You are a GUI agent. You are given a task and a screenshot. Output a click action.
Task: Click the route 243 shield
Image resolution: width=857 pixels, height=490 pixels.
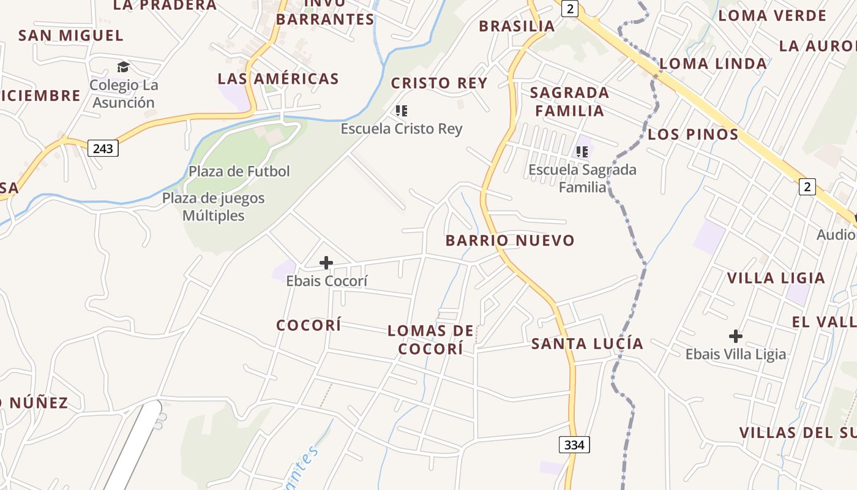point(103,148)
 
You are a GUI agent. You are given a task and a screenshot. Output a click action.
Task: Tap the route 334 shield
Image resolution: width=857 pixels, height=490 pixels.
point(574,445)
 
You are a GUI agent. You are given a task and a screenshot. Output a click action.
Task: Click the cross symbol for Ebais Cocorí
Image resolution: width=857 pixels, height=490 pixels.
point(326,263)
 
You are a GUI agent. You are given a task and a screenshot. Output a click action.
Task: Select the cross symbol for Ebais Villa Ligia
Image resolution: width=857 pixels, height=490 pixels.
point(736,336)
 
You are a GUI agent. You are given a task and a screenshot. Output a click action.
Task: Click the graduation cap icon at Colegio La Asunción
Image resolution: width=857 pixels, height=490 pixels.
point(124,67)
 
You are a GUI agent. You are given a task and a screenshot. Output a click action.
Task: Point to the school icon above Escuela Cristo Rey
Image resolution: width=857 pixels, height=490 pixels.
point(402,111)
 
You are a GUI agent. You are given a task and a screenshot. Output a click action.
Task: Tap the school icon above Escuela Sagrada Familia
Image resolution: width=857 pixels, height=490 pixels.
point(582,151)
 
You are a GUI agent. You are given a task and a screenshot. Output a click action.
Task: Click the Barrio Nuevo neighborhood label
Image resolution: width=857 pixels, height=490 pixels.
point(510,240)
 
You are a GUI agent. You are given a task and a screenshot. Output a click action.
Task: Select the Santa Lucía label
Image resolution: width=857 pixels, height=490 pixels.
point(587,344)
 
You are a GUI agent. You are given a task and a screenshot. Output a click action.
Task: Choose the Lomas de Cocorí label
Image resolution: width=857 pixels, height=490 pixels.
point(431,340)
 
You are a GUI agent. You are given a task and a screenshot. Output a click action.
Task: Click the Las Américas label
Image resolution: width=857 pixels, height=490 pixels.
point(278,78)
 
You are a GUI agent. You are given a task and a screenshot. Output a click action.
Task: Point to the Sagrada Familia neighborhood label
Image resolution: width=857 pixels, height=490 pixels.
point(569,102)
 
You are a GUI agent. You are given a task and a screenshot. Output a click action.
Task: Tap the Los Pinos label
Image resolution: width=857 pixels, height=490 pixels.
point(693,134)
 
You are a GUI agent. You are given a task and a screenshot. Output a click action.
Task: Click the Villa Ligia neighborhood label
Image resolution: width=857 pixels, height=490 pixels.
point(776,278)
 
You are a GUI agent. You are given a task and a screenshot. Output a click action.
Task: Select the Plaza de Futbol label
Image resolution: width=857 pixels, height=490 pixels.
point(239,171)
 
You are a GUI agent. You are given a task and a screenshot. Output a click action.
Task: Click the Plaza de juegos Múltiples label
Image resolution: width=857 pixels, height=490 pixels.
point(213,206)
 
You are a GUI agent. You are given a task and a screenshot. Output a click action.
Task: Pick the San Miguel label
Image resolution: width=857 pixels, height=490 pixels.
point(70,36)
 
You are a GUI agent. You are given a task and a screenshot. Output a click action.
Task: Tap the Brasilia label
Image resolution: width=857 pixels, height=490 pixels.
point(517,26)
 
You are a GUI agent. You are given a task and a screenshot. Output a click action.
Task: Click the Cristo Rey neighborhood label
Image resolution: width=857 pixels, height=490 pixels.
point(439,83)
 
